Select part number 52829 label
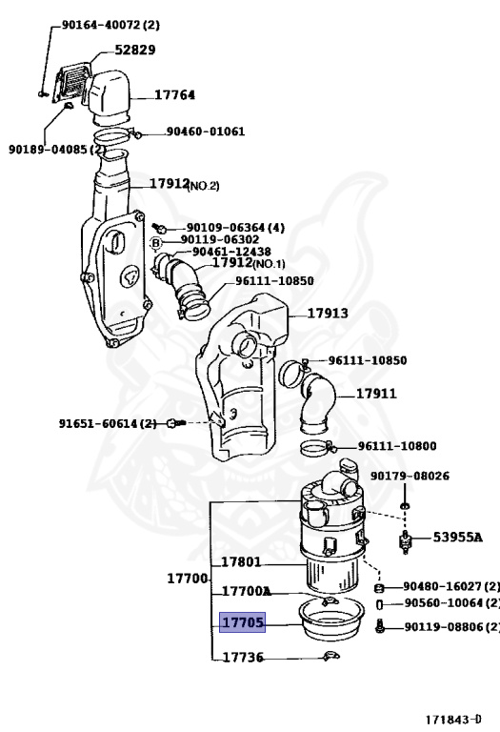click(x=135, y=50)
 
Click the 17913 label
click(x=327, y=313)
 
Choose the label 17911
click(x=376, y=393)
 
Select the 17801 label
click(x=241, y=562)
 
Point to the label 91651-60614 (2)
click(x=108, y=423)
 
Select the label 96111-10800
click(x=397, y=445)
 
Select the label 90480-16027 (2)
click(x=450, y=586)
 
